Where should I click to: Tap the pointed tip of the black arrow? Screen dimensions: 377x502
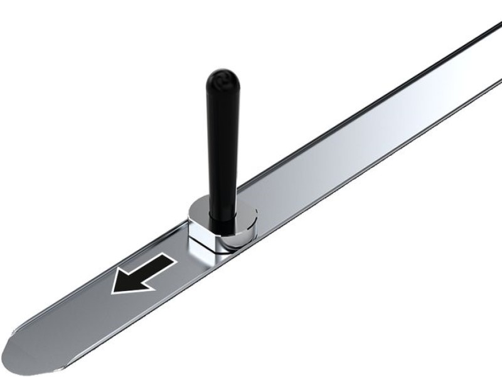(114, 290)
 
